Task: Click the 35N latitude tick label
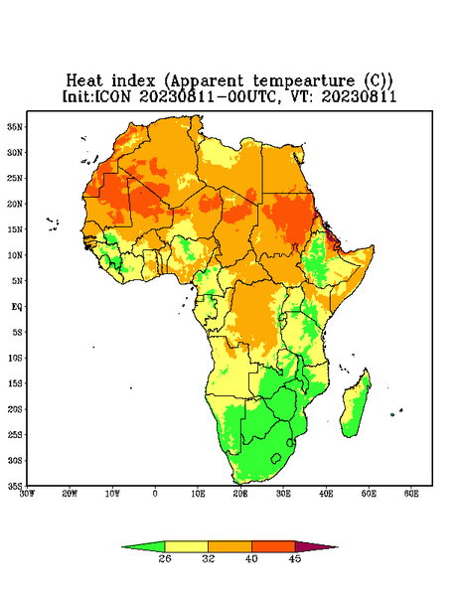15,126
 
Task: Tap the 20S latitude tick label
15,409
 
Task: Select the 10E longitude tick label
198,494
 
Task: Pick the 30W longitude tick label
28,494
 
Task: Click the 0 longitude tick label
155,494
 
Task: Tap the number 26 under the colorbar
165,558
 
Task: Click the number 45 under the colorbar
295,558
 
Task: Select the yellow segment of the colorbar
186,546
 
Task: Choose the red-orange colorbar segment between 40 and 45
273,546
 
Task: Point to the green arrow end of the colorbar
143,546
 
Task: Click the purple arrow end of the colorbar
317,546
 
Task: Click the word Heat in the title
84,80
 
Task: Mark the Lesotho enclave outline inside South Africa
276,458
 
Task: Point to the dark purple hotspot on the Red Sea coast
331,236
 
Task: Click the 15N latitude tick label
15,229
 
